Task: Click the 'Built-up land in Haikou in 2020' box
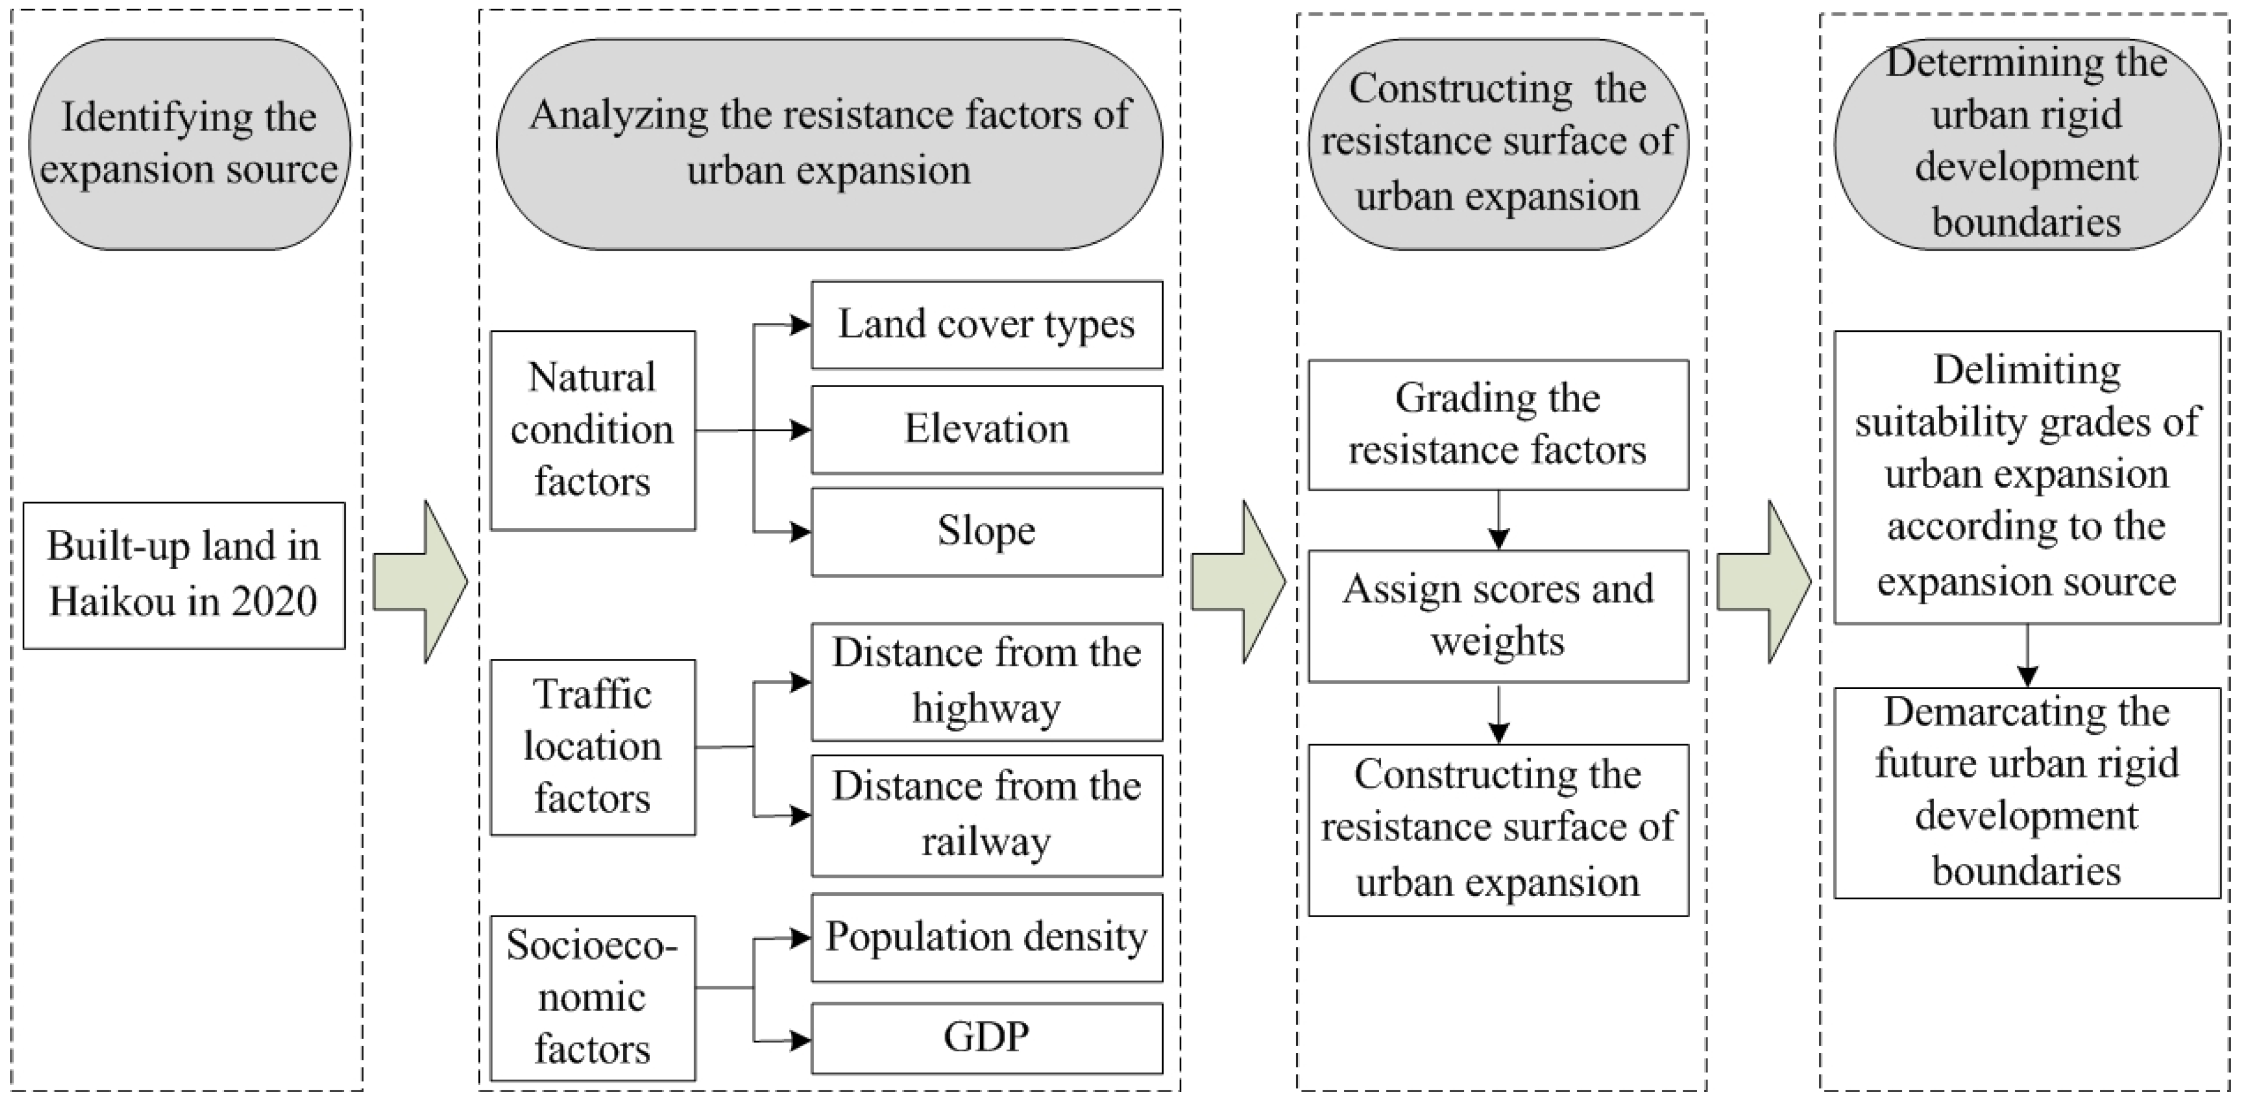coord(183,575)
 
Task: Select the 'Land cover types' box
coord(986,325)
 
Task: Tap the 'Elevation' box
coord(986,429)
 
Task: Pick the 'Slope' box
coord(986,531)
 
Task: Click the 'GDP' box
coord(986,1038)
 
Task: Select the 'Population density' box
coord(986,938)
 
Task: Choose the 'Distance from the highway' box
coord(986,681)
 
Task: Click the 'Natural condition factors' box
coord(592,430)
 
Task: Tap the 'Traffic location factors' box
coord(592,747)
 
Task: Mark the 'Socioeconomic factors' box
coord(592,997)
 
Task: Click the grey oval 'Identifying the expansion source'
coord(189,143)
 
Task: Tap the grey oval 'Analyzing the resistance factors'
coord(829,143)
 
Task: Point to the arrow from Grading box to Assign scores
coord(1498,521)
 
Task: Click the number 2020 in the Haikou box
coord(273,601)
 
